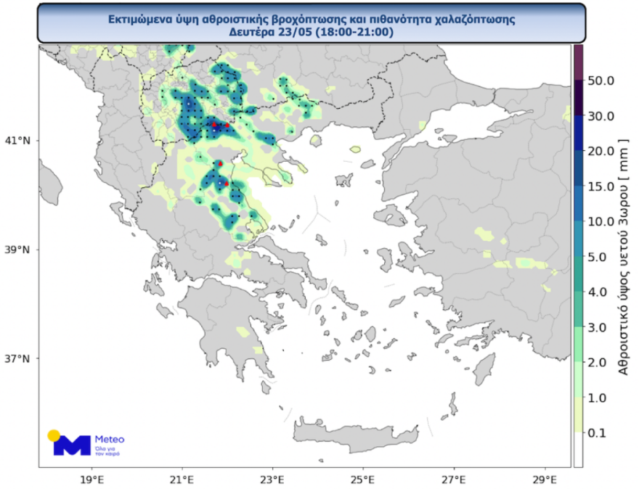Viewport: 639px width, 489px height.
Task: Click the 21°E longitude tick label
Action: tap(182, 480)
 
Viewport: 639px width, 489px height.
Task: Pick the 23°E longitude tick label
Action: tap(272, 480)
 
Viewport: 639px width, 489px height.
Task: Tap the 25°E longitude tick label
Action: tap(363, 480)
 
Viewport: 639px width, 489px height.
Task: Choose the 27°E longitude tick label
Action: tap(454, 480)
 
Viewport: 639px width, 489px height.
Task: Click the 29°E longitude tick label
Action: tap(545, 480)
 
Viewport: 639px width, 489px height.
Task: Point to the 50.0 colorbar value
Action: tap(602, 80)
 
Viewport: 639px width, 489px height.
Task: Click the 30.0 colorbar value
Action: tap(602, 115)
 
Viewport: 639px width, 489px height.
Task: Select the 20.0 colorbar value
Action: tap(602, 151)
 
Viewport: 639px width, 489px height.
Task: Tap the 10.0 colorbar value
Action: tap(602, 221)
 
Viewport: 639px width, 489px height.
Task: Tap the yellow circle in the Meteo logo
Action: tap(54, 435)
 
